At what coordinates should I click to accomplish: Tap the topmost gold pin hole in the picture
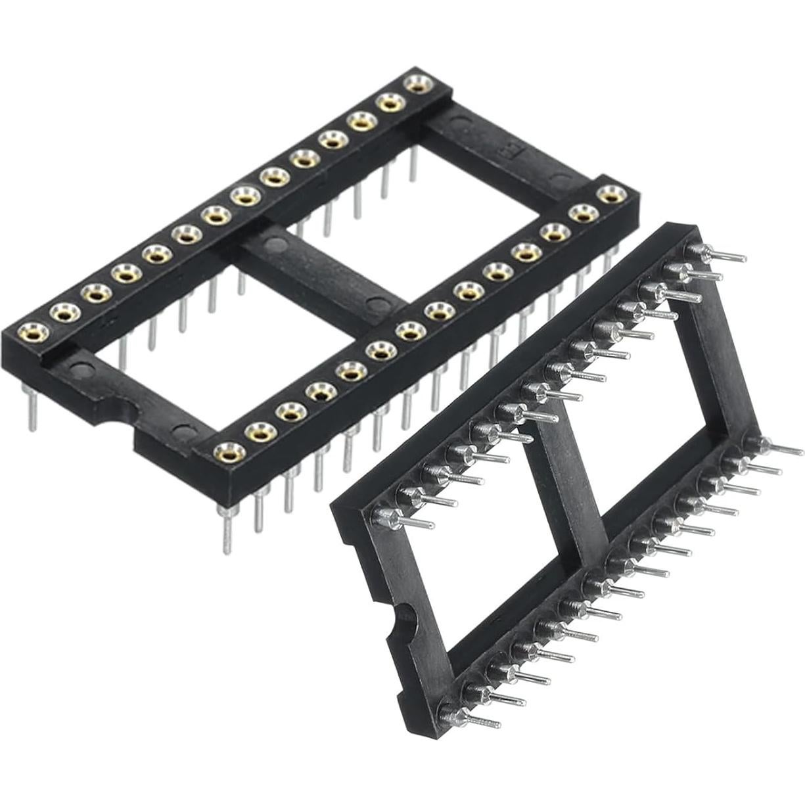coord(415,83)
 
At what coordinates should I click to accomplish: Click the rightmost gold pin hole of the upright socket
coord(610,194)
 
